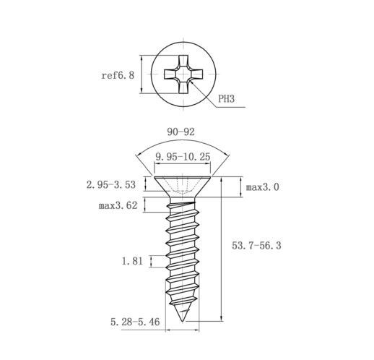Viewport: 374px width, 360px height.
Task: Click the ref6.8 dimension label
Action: click(x=118, y=75)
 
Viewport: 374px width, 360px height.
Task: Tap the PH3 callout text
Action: click(x=226, y=99)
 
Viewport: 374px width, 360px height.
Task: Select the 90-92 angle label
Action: click(x=181, y=132)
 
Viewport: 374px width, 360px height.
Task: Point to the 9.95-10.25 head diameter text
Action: click(x=183, y=157)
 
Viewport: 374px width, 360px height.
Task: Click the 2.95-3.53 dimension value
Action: click(x=111, y=185)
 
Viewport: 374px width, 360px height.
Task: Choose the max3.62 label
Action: click(x=118, y=205)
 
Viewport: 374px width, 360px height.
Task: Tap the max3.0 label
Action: click(x=262, y=187)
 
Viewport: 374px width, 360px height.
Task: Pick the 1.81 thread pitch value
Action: click(x=132, y=261)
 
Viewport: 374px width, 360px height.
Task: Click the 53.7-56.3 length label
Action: click(x=256, y=246)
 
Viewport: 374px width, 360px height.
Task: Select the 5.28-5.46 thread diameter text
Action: click(x=135, y=322)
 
